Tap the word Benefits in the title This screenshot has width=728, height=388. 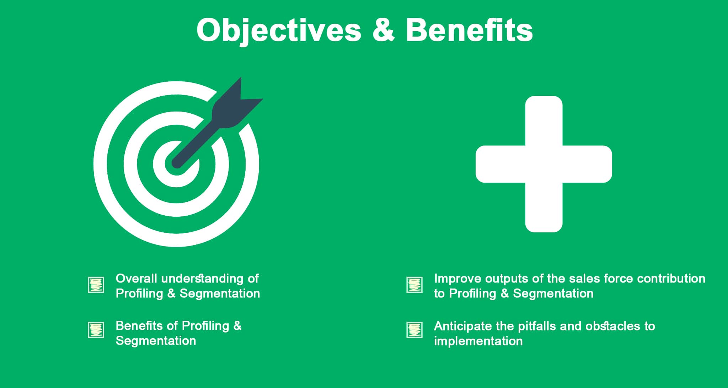pos(469,30)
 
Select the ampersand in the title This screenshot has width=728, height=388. pos(384,30)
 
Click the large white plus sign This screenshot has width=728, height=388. pos(544,164)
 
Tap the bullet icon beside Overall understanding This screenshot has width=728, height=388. pos(96,285)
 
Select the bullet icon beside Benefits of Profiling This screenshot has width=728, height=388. pos(96,330)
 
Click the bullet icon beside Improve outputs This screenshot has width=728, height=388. pos(414,285)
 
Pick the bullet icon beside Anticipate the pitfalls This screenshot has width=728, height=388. pos(414,330)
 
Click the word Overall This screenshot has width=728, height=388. pos(136,279)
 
